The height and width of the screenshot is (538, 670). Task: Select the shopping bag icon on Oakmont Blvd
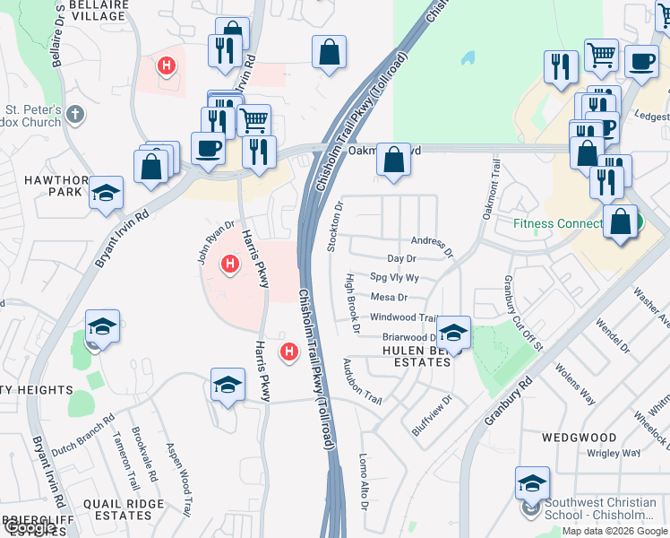[393, 161]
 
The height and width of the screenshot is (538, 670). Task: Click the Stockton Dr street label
[339, 227]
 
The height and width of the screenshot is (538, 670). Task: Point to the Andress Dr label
[432, 241]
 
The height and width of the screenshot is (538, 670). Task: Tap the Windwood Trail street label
[403, 317]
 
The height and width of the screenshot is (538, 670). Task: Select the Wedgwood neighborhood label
[579, 438]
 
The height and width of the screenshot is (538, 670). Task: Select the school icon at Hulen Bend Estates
[454, 334]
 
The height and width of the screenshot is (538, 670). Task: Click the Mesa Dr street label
[389, 297]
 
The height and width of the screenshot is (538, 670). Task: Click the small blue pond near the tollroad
[468, 57]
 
